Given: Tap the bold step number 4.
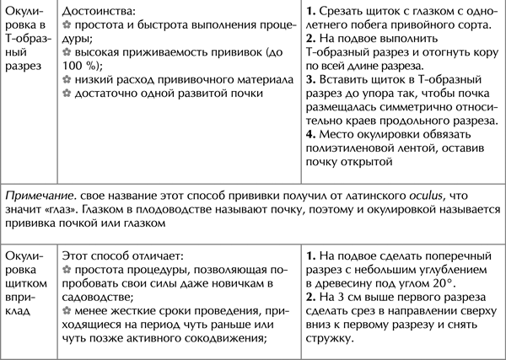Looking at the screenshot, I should [x=310, y=132].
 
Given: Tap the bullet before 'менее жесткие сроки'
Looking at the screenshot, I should [x=67, y=309].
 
